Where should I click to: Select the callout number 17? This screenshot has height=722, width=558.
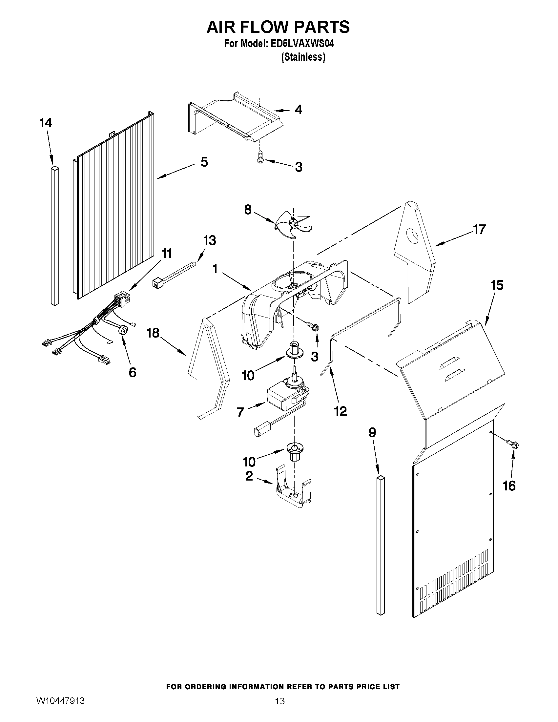coord(479,229)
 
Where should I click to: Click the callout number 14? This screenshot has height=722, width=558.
coord(46,123)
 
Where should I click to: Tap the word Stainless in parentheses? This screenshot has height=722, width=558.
coord(303,57)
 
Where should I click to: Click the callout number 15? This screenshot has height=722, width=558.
coord(497,285)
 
